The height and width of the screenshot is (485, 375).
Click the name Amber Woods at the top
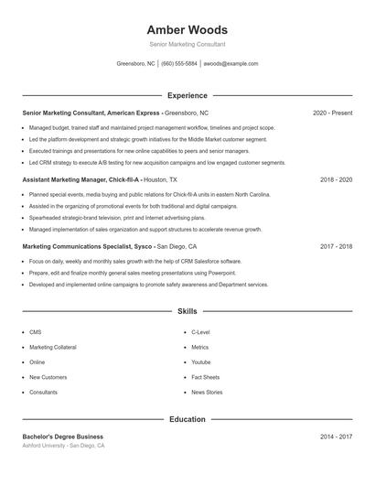[187, 29]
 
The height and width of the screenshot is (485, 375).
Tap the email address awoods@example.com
[230, 64]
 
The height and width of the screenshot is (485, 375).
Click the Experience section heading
[187, 95]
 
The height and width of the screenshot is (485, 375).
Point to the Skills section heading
[187, 312]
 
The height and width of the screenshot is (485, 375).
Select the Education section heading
[187, 419]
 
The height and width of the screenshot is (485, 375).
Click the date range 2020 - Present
[332, 113]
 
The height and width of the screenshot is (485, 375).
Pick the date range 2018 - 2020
[336, 180]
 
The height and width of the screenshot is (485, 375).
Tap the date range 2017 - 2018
[336, 246]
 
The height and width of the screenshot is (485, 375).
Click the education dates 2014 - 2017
[336, 437]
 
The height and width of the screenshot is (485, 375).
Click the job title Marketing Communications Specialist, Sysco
[87, 246]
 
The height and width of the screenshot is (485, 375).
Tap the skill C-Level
[200, 332]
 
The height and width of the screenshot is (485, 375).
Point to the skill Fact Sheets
[205, 377]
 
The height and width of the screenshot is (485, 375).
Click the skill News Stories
[207, 392]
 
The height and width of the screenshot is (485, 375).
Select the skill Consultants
[43, 392]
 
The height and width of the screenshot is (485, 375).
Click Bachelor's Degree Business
[63, 437]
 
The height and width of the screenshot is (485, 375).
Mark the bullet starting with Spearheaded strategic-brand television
[116, 218]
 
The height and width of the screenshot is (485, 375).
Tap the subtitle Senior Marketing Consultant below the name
[187, 44]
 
